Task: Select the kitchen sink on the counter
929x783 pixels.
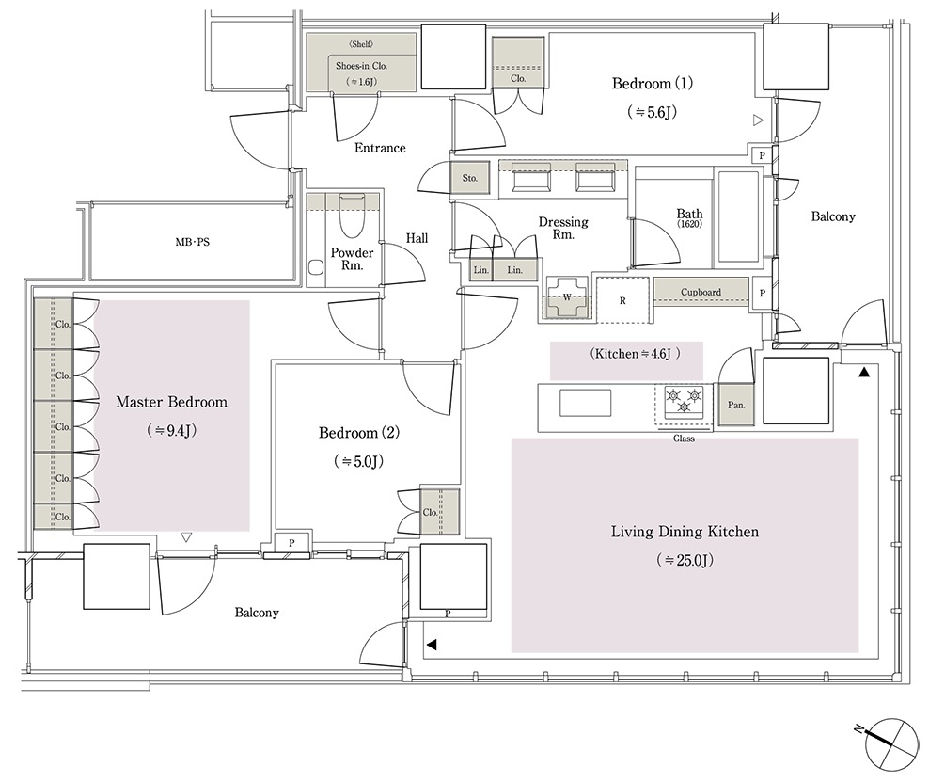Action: coord(586,403)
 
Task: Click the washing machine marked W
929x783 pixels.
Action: coord(567,297)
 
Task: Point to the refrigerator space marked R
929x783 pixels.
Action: coord(623,300)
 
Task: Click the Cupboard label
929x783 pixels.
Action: coord(701,292)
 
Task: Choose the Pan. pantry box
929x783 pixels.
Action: coord(736,405)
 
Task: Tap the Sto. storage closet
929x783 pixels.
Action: coord(470,178)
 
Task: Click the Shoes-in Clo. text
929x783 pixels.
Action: coord(361,66)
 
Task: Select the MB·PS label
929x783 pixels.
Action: coord(193,242)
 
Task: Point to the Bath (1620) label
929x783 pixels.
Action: coord(689,217)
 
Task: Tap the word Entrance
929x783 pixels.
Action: coord(381,148)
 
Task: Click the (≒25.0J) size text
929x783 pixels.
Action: coord(685,560)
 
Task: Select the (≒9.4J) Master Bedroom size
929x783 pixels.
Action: coord(172,431)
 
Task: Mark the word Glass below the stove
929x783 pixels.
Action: coord(684,439)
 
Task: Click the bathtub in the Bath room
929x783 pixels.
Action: coord(738,217)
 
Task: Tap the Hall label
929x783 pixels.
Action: coord(417,238)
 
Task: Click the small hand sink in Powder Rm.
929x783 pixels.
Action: coord(316,267)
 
